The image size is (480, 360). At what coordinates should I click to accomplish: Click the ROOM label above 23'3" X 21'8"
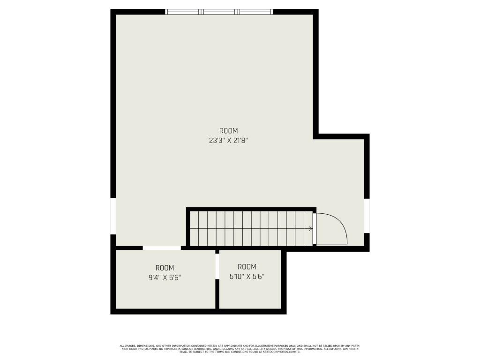click(228, 131)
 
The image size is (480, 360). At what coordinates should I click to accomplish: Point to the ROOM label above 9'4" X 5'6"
click(165, 268)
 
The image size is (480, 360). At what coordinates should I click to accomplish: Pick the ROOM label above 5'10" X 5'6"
click(247, 267)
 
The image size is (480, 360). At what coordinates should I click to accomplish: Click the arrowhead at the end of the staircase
click(311, 229)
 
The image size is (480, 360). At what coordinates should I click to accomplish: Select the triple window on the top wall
click(219, 12)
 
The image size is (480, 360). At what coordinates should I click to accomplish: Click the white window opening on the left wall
click(113, 216)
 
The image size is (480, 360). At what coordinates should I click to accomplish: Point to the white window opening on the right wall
click(367, 216)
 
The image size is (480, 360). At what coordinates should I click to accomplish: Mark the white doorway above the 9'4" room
click(162, 248)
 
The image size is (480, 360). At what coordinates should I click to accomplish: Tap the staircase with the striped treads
click(251, 228)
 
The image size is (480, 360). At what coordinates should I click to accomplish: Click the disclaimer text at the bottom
click(240, 349)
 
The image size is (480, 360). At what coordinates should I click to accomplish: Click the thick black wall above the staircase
click(251, 210)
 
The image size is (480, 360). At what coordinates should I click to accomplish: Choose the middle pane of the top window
click(219, 12)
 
